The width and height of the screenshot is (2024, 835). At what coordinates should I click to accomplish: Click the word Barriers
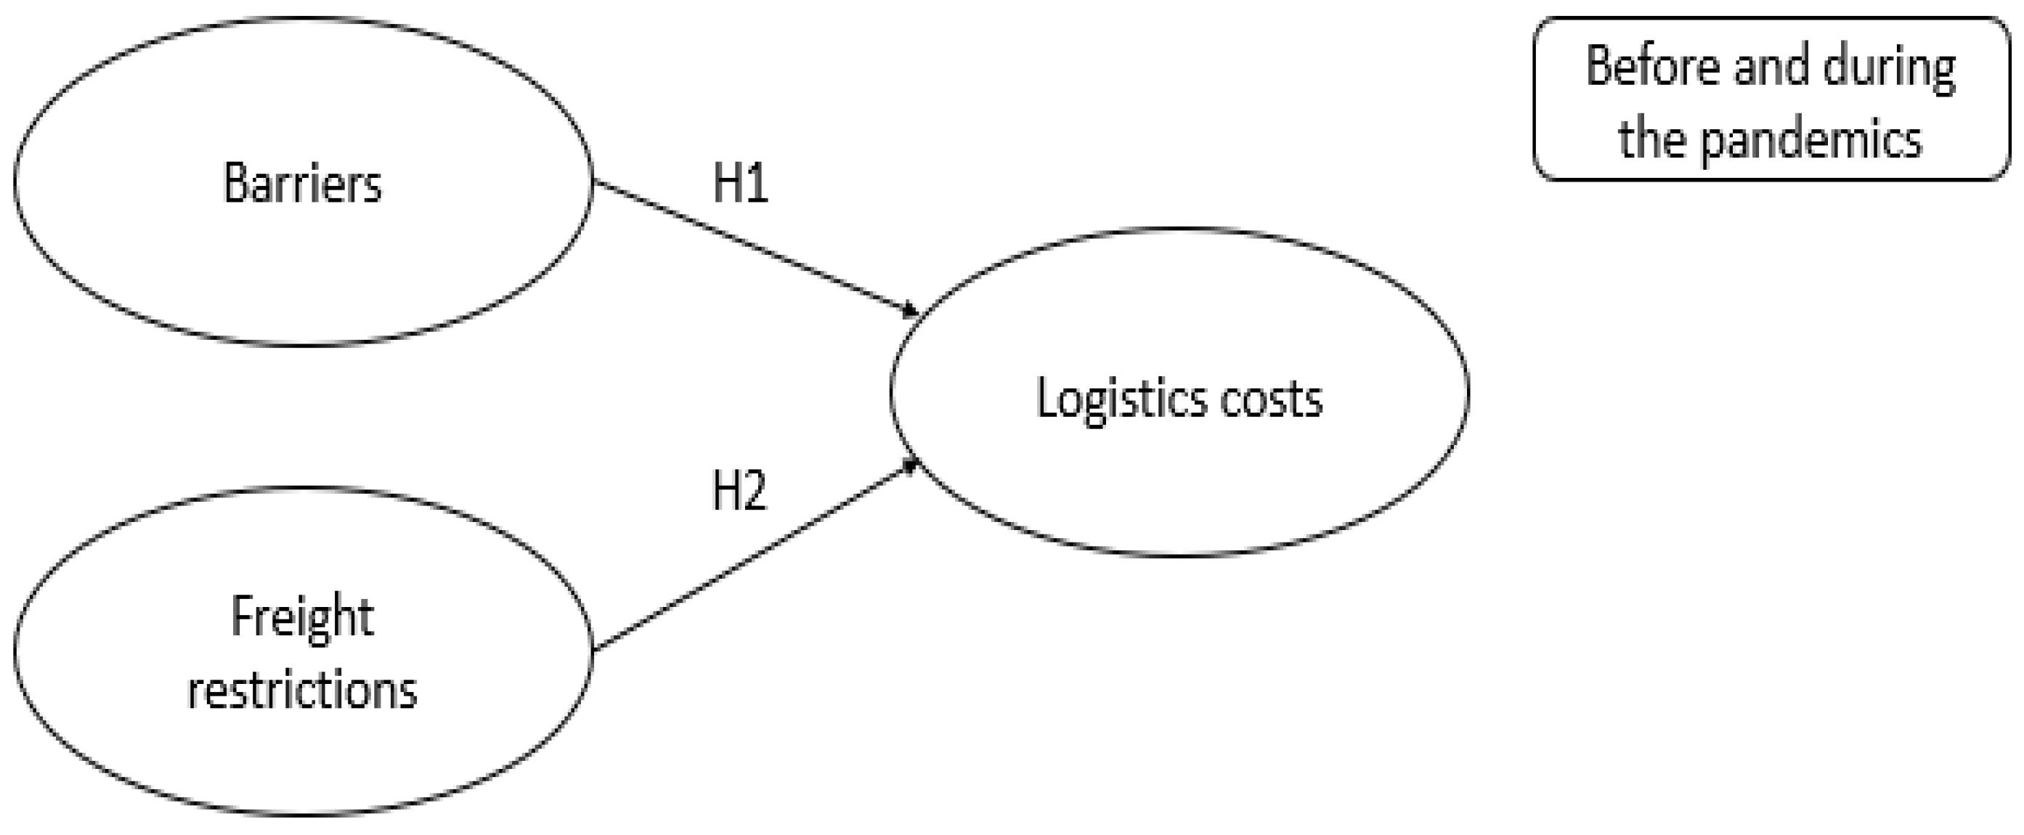pos(303,183)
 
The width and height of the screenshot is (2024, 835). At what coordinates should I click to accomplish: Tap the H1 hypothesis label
pos(739,182)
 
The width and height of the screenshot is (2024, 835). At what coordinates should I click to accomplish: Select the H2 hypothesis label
pos(739,490)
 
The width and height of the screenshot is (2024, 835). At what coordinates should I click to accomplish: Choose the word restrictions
pos(303,691)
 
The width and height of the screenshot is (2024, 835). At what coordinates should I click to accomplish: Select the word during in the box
pos(1889,68)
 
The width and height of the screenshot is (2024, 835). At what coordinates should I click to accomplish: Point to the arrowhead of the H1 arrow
pos(911,311)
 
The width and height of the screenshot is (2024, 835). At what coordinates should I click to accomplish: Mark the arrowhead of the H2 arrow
pos(911,466)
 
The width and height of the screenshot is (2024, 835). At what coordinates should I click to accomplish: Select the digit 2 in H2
pos(754,490)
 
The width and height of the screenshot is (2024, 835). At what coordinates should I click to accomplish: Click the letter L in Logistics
pos(1046,397)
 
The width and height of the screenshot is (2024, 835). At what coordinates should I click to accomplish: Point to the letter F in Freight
pos(240,616)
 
